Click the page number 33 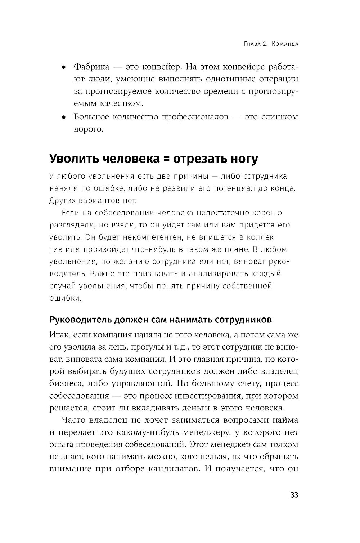[294, 495]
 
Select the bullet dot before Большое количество [63, 117]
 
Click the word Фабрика [91, 67]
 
